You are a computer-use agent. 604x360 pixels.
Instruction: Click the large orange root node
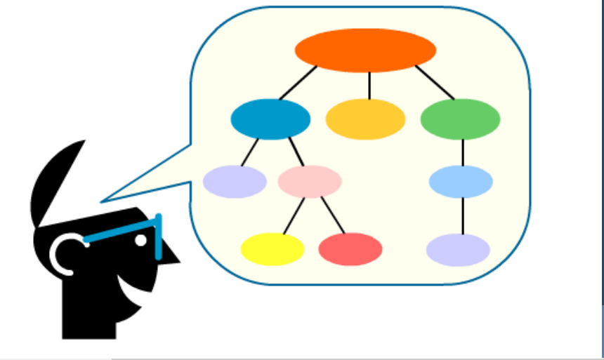[x=365, y=50]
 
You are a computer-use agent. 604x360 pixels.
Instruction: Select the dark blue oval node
[x=270, y=119]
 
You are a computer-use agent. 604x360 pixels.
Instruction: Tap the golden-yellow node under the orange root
[x=365, y=119]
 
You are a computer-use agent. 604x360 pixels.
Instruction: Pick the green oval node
[x=460, y=119]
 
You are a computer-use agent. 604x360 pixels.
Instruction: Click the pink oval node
[x=310, y=181]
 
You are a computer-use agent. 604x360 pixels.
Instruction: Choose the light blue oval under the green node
[x=461, y=182]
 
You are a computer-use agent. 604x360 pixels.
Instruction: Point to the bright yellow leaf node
[x=273, y=249]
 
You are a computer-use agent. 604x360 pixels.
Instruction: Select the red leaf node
[x=350, y=249]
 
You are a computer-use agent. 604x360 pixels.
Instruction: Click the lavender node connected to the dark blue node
[x=235, y=182]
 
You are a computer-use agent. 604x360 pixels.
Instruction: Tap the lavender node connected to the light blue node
[x=458, y=250]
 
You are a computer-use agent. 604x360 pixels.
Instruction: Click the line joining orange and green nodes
[x=435, y=83]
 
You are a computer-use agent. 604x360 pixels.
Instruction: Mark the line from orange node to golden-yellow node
[x=369, y=85]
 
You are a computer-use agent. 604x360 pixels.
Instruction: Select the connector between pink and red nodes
[x=333, y=215]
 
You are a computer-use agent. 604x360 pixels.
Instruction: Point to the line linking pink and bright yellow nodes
[x=294, y=215]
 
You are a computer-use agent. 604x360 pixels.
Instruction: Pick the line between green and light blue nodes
[x=463, y=152]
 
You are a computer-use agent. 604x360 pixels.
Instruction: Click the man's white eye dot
[x=140, y=240]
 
